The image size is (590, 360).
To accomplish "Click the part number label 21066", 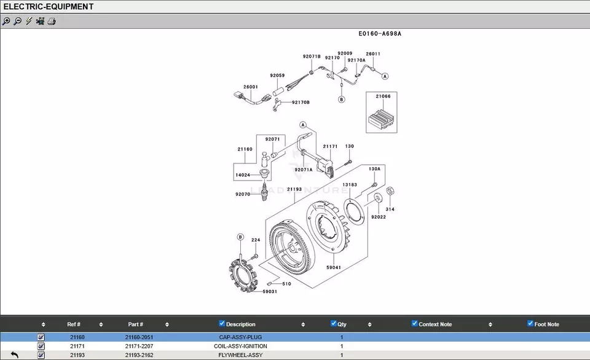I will (x=383, y=96).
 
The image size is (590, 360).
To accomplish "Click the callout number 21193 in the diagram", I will (x=294, y=189).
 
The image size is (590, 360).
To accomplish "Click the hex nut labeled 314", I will (x=390, y=192).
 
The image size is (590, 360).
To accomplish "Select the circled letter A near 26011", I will (x=385, y=77).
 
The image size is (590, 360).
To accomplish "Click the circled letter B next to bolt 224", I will (x=240, y=237).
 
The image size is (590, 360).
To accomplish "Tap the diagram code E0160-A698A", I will (x=380, y=34).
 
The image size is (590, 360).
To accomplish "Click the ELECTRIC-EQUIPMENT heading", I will (x=49, y=7).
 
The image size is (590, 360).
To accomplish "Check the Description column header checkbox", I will (x=222, y=324).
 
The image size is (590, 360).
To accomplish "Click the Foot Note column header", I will (x=546, y=324).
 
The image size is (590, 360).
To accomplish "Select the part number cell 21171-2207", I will (x=139, y=346).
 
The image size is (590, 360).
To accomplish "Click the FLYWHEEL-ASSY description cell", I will (x=240, y=355).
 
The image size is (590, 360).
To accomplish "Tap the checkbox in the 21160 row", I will (x=41, y=337).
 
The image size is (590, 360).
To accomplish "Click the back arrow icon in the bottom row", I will (x=15, y=355).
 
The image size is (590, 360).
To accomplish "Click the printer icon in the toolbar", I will (x=52, y=22).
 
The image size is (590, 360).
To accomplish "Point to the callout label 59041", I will (x=334, y=267).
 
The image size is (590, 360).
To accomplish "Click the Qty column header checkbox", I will (x=334, y=324).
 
